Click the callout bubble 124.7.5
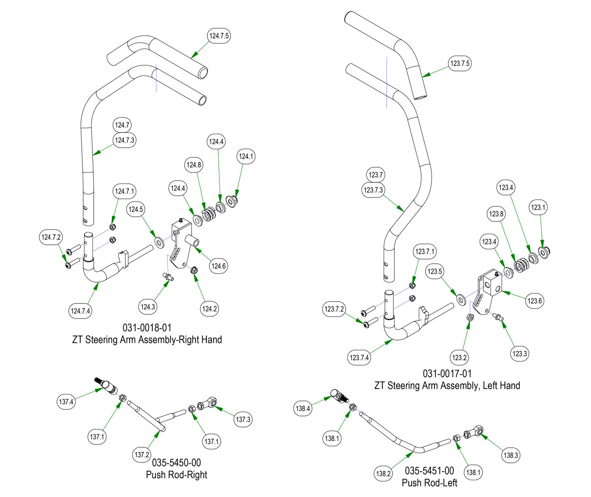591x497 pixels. [x=219, y=36]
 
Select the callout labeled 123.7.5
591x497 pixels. [x=460, y=64]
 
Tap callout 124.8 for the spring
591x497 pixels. [x=194, y=165]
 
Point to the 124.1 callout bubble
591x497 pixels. [x=246, y=157]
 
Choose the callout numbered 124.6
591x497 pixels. [x=219, y=266]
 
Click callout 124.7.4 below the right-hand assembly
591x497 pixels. [x=81, y=311]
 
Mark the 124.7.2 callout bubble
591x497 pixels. [x=51, y=238]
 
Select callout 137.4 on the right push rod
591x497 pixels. [x=66, y=402]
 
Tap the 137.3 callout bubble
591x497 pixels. [x=243, y=419]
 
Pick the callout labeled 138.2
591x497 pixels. [x=383, y=473]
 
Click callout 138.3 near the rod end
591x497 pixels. [x=510, y=455]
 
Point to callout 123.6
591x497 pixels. [x=534, y=301]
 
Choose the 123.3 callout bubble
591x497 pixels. [x=519, y=354]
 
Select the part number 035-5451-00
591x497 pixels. [x=429, y=470]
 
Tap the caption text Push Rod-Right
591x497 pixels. [x=176, y=475]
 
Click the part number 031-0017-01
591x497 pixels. [x=447, y=373]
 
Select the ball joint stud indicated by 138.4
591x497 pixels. [x=339, y=396]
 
